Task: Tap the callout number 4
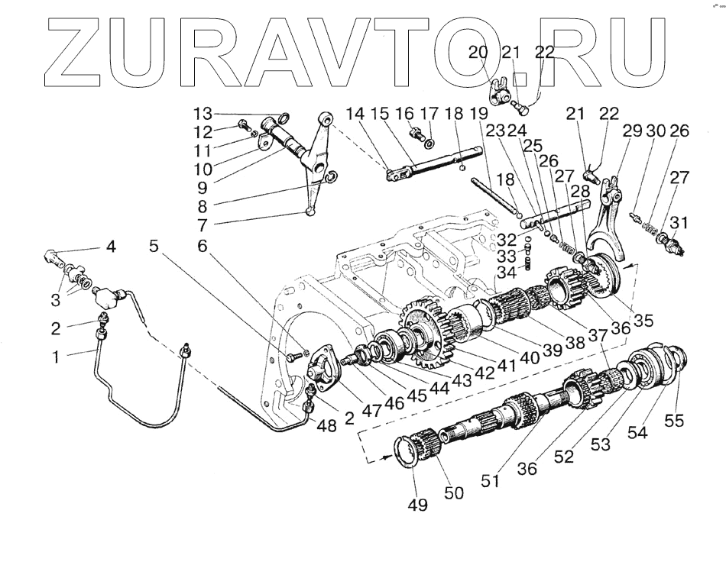(x=111, y=247)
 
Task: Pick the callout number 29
(x=630, y=132)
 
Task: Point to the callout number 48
(x=327, y=425)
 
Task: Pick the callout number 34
(x=506, y=273)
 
